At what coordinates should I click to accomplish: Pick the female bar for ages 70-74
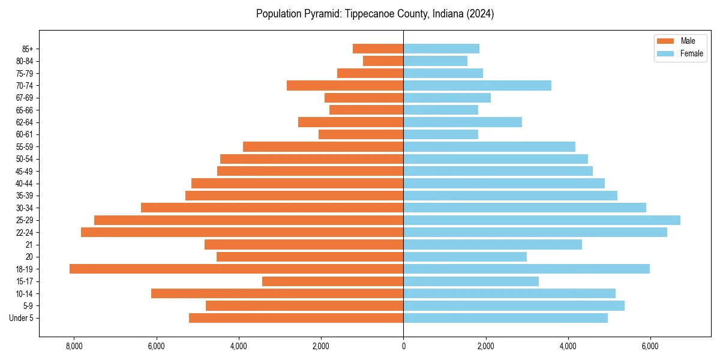point(477,86)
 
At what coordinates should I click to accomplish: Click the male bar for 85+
point(378,49)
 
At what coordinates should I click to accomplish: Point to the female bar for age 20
point(465,257)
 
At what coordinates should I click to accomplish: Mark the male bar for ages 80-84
point(383,61)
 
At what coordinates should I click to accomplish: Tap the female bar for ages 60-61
point(440,134)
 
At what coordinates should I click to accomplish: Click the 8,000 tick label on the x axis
point(74,347)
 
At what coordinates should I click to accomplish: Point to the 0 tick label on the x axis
point(403,347)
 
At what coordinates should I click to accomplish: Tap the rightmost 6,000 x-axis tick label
point(650,347)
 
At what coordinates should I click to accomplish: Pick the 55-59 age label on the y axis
point(24,147)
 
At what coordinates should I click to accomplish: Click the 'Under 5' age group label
point(21,318)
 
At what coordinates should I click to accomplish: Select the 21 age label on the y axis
point(29,245)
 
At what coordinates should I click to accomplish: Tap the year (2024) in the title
point(481,14)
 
